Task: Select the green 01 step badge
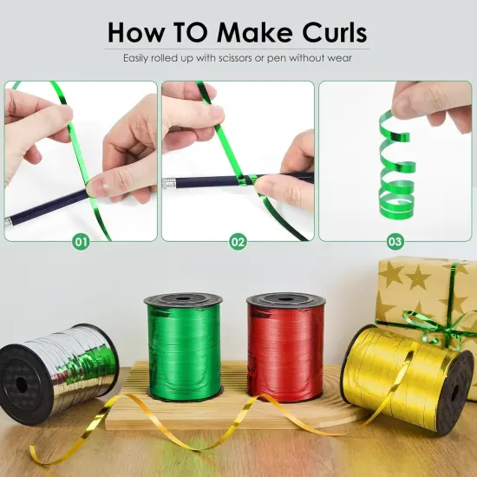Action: point(81,242)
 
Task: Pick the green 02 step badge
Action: point(238,242)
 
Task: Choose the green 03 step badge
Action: point(395,242)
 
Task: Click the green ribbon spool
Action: point(182,351)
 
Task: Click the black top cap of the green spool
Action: point(182,299)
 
